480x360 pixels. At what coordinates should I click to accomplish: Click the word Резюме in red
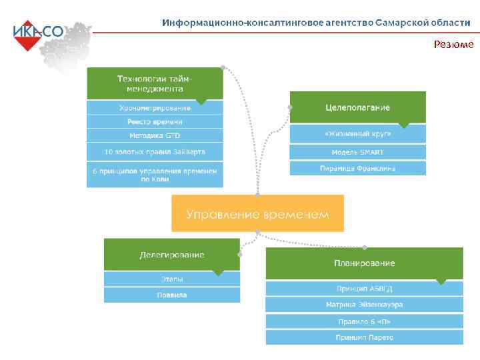453,45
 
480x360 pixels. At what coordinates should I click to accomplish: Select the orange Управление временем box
257,213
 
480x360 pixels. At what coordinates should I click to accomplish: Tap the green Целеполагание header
357,107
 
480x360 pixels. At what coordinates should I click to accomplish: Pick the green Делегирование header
171,255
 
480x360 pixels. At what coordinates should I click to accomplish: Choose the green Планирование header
364,263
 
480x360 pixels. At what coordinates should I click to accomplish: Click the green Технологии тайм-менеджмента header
155,83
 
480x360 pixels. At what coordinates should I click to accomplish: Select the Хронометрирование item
155,107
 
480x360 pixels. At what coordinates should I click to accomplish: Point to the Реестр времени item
155,121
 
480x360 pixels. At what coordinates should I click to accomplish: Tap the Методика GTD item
155,135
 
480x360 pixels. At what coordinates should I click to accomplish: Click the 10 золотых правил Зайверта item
155,151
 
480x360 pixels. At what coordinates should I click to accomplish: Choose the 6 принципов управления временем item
155,175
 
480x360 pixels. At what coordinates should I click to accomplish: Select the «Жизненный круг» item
357,133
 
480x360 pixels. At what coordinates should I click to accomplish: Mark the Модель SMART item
357,151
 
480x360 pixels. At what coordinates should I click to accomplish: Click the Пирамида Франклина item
357,168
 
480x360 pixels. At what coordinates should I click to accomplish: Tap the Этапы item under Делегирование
171,279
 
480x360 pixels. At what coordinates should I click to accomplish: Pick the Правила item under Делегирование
171,295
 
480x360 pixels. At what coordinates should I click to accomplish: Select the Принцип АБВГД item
364,289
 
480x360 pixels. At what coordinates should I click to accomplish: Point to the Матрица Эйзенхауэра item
364,305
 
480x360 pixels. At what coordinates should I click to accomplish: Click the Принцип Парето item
364,337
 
